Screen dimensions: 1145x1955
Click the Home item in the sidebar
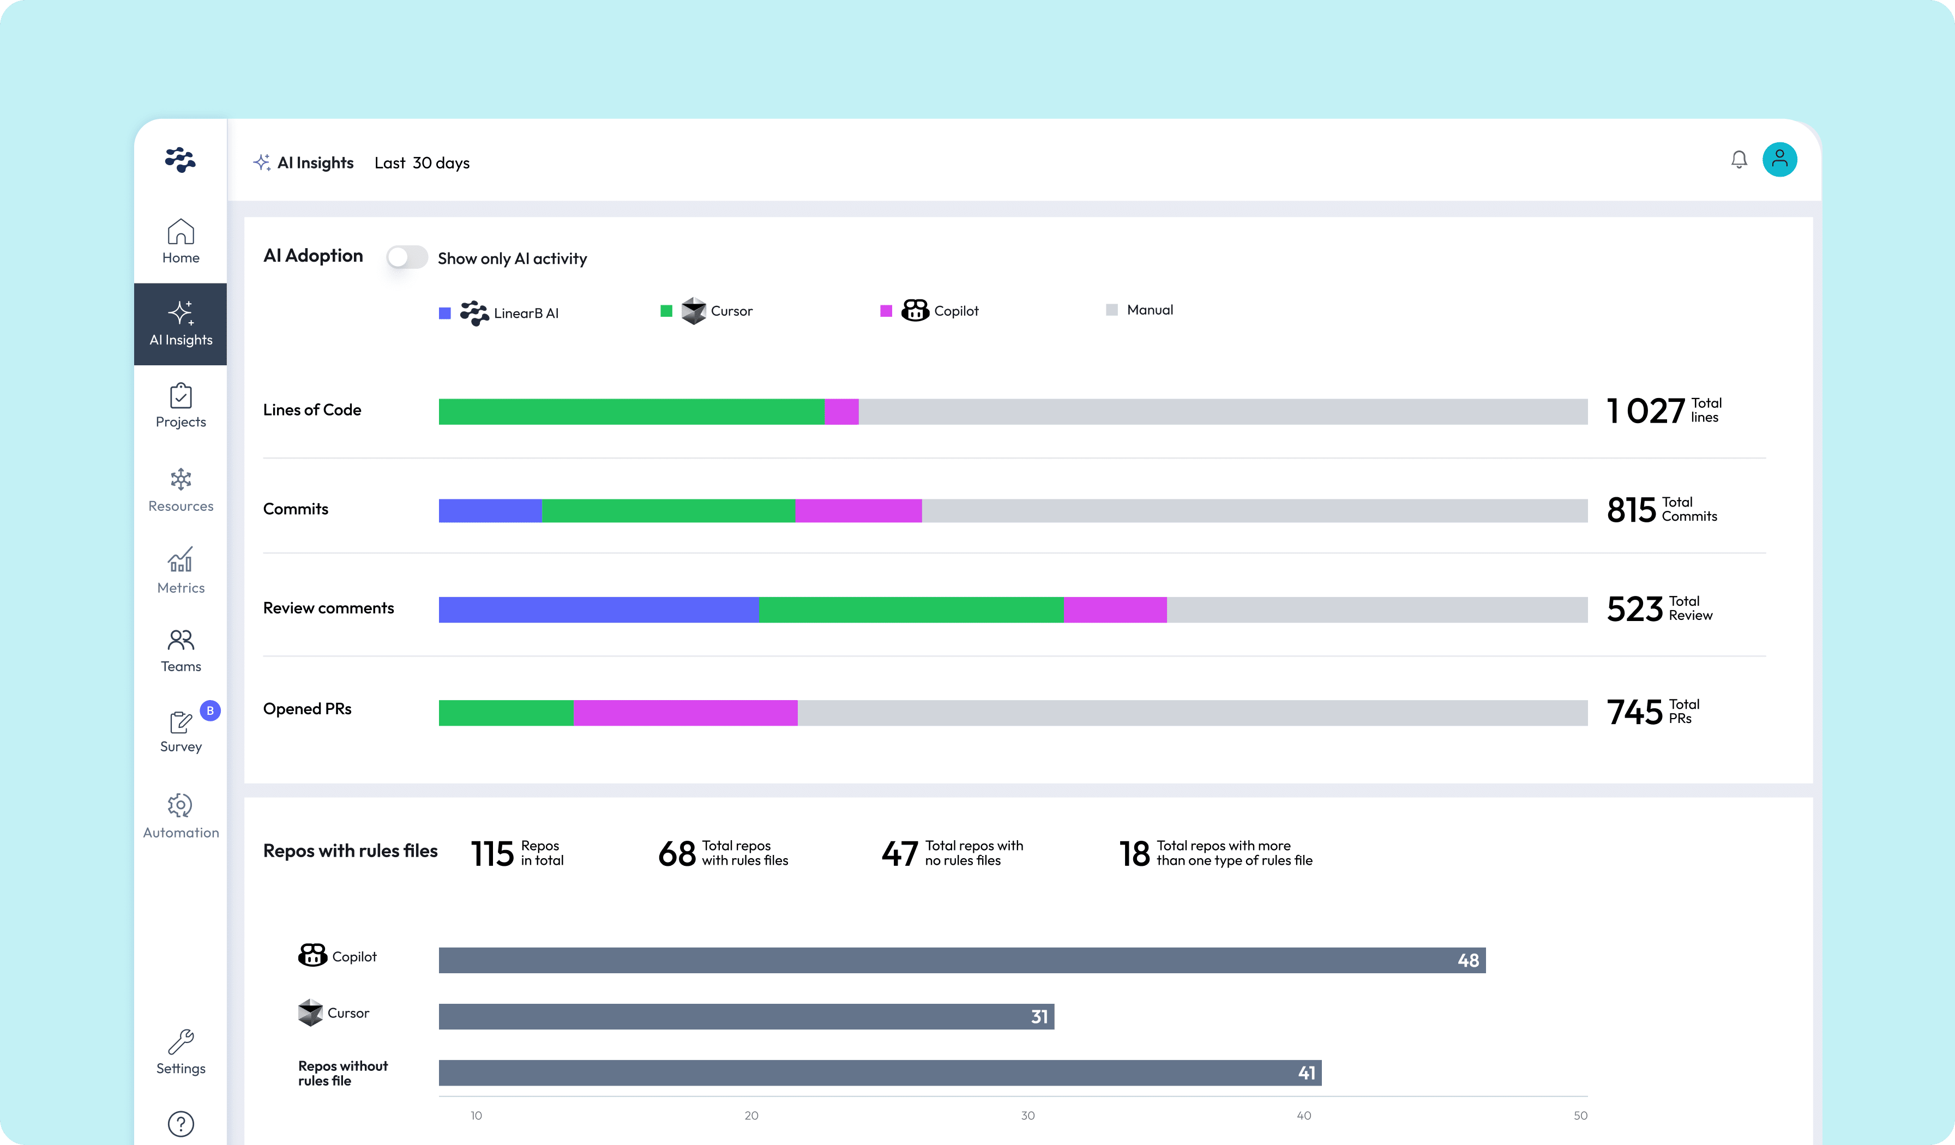[180, 241]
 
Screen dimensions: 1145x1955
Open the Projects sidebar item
[180, 406]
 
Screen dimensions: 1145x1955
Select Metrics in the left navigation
[180, 570]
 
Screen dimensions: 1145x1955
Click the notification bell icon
[1739, 160]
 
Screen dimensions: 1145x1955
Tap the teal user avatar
[1779, 160]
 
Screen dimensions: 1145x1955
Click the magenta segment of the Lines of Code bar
[842, 411]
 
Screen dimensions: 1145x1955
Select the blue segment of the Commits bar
[490, 510]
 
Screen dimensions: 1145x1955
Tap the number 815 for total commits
[1631, 510]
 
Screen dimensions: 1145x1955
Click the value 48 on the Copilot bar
[1468, 960]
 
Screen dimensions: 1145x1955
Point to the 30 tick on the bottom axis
[1027, 1116]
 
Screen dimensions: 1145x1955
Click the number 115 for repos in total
[492, 853]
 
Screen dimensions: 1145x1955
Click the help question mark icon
[180, 1123]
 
